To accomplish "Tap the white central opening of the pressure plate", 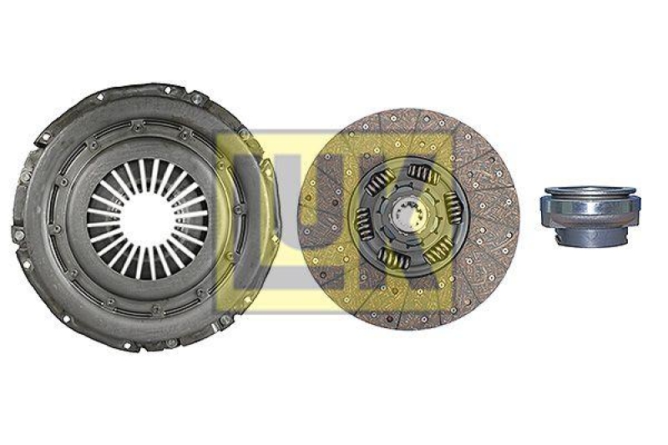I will tap(145, 219).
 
